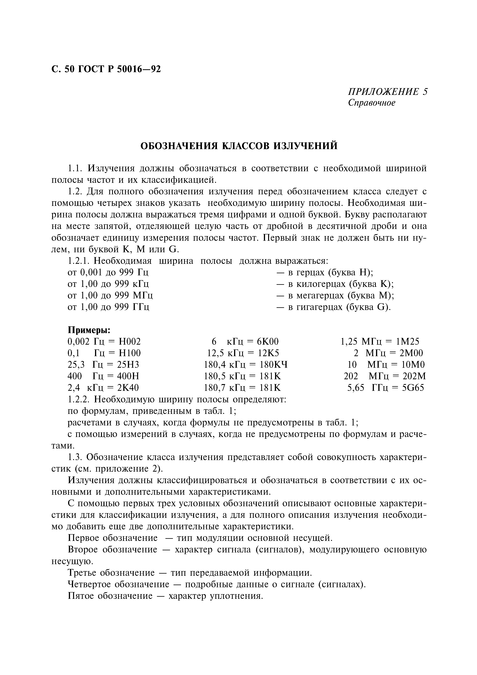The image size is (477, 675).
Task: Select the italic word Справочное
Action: [x=372, y=103]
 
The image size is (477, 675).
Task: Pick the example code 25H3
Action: [x=128, y=365]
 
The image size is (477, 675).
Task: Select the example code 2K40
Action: [x=128, y=388]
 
